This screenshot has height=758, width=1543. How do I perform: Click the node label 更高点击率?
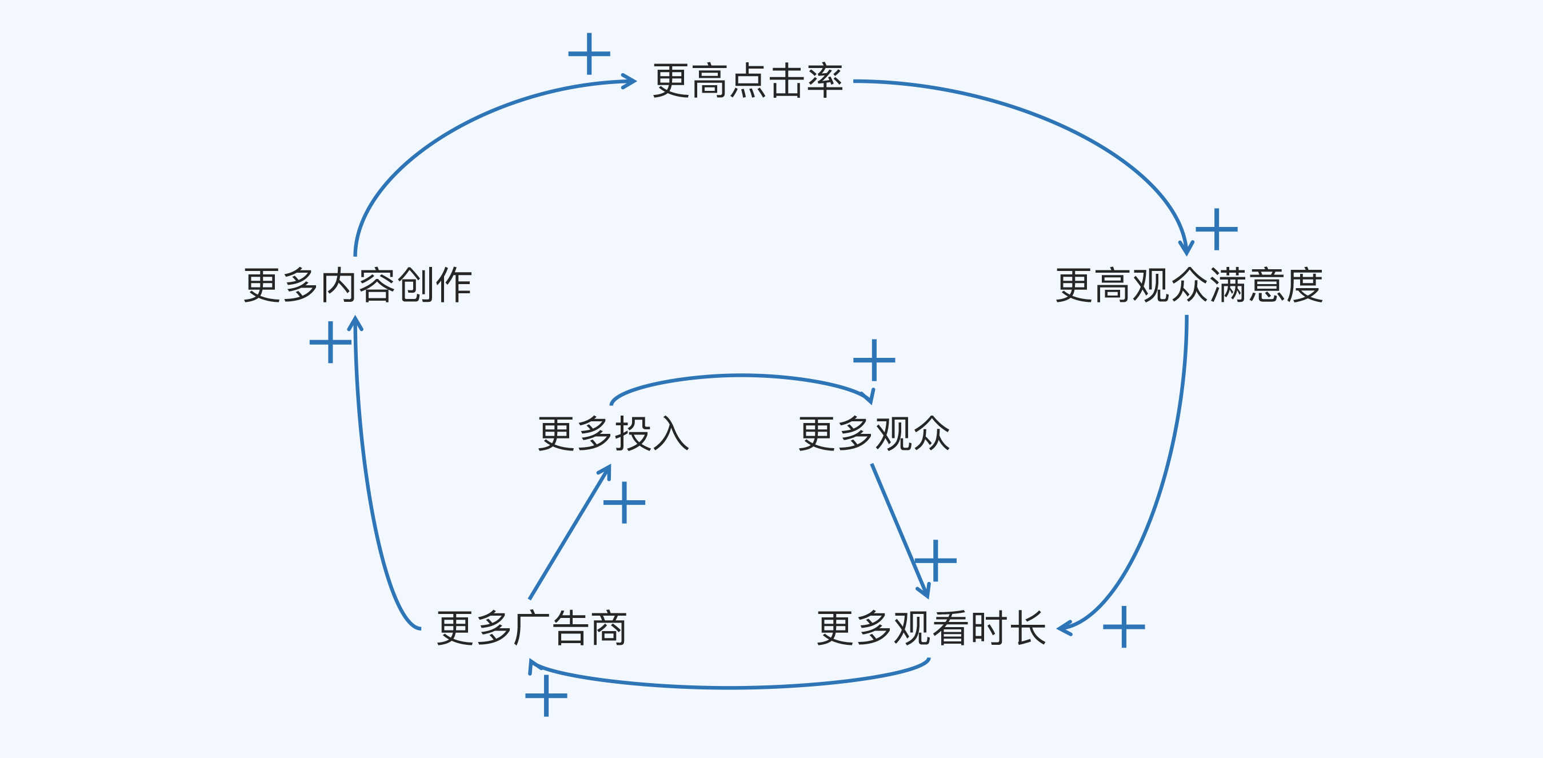pos(747,81)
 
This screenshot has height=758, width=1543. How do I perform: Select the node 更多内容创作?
pos(358,285)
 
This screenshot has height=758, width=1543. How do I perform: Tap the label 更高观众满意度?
pos(1189,285)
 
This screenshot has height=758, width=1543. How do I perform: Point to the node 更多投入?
pos(613,434)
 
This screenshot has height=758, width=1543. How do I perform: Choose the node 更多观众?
pos(874,434)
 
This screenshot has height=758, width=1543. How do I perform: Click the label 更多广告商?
pos(531,629)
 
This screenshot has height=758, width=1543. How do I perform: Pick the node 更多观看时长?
pos(932,629)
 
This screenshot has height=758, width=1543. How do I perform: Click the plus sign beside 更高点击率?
pos(589,54)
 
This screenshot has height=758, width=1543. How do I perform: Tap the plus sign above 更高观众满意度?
pos(1217,229)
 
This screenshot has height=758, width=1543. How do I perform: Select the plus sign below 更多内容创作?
pos(330,342)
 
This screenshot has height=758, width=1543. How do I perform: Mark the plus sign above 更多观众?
pos(874,360)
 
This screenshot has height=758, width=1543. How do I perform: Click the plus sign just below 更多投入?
pos(624,502)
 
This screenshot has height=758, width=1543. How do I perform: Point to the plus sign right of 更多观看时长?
pos(1124,627)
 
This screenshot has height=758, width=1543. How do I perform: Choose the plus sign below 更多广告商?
pos(546,696)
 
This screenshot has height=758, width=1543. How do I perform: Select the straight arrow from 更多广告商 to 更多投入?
pos(569,533)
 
